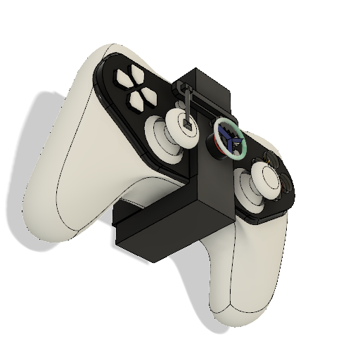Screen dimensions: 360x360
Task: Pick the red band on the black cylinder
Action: [214, 143]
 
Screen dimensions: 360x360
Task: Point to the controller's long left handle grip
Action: [63, 176]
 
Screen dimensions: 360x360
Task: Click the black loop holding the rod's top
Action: [184, 87]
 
